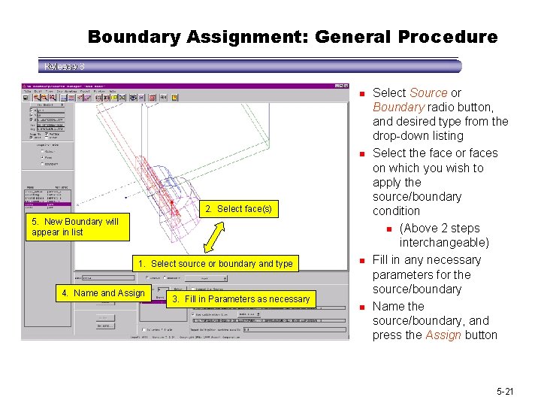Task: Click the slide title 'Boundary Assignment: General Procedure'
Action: [x=292, y=36]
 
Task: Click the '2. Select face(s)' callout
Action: [x=238, y=208]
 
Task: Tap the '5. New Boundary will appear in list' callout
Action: [x=75, y=227]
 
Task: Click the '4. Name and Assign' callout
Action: [x=103, y=292]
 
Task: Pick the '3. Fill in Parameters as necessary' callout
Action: [x=237, y=298]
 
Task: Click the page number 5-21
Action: [x=504, y=392]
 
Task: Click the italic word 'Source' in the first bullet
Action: [x=428, y=92]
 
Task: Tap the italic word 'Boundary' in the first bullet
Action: [x=398, y=107]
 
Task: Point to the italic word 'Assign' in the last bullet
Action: [x=444, y=335]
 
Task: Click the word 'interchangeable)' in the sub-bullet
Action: [x=444, y=243]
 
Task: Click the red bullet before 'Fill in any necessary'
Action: [x=361, y=261]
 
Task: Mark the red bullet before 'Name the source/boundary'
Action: [x=361, y=308]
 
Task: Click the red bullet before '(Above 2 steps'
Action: [x=389, y=229]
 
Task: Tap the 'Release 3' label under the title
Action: [x=64, y=66]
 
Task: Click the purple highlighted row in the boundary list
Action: [x=47, y=203]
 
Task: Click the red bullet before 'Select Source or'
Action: [x=361, y=93]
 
